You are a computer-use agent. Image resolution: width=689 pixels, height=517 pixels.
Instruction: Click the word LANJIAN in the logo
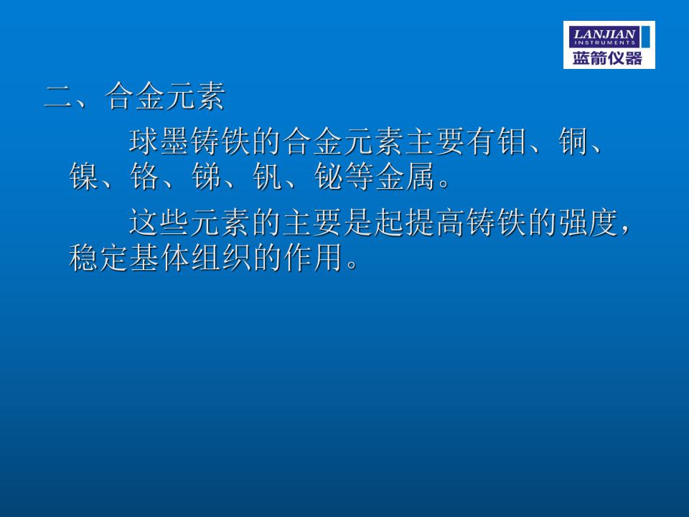(604, 34)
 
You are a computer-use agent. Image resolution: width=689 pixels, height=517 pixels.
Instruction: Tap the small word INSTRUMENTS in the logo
(604, 42)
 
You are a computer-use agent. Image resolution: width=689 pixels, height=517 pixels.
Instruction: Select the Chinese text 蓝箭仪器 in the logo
(607, 58)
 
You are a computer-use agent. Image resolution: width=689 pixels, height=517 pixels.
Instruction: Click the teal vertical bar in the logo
(645, 37)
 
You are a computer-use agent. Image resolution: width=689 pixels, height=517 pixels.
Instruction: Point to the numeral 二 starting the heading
(58, 97)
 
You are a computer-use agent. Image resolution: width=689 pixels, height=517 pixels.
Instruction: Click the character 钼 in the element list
(512, 141)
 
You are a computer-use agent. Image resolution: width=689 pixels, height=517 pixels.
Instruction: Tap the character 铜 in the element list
(573, 141)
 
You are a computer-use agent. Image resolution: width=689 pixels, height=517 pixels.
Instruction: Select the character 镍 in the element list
(83, 177)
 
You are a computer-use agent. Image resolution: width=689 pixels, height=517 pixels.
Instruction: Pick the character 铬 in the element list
(145, 177)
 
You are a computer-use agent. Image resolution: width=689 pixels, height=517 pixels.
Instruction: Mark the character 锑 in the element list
(207, 177)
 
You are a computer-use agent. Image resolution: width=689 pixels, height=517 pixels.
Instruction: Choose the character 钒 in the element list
(268, 177)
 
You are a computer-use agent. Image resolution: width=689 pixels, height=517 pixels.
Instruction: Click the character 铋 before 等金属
(329, 177)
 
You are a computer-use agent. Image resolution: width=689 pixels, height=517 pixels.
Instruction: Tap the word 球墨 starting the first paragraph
(159, 141)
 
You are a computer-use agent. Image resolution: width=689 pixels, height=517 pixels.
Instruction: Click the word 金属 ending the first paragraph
(405, 177)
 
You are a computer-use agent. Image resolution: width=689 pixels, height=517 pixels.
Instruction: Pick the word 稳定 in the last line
(98, 257)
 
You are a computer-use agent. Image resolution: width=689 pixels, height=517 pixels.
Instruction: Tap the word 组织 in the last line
(222, 257)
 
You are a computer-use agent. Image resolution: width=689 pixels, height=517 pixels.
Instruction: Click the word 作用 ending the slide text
(314, 257)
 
